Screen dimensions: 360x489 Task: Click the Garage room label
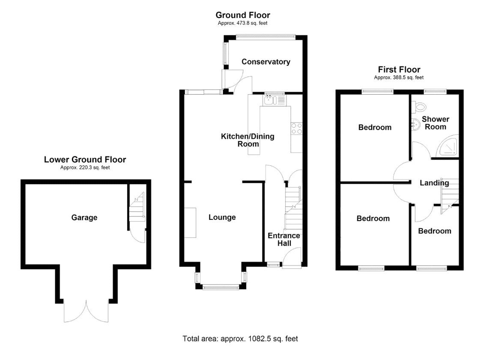coord(84,218)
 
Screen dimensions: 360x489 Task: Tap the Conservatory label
coord(265,62)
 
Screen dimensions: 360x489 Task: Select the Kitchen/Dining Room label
coord(247,140)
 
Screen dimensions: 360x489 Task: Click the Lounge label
coord(222,217)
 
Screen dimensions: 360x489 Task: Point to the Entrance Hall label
coord(283,240)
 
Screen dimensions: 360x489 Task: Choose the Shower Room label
coord(435,123)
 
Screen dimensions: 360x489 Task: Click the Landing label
coord(434,183)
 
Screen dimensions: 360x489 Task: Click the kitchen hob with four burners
coord(297,128)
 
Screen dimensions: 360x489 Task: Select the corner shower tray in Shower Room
coord(449,147)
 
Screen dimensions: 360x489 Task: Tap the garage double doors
coord(86,311)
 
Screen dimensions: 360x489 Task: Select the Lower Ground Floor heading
coord(85,160)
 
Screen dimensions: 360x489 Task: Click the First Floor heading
coord(399,69)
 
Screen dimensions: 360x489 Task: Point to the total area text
coord(240,339)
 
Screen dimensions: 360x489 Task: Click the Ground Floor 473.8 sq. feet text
coord(243,24)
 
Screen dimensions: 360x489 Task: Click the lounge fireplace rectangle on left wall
coord(191,222)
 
